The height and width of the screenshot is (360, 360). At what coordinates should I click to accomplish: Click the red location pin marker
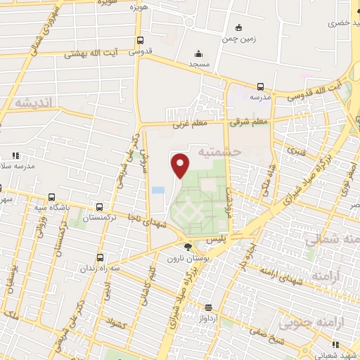(181, 166)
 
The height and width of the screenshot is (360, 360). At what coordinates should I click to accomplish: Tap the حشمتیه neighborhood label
(220, 151)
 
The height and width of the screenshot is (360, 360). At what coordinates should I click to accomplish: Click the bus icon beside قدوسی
(141, 40)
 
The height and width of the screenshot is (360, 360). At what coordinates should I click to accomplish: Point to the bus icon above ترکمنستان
(99, 207)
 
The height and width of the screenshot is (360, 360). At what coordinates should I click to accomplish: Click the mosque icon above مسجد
(199, 53)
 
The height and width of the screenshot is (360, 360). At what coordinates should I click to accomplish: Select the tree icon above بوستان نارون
(187, 247)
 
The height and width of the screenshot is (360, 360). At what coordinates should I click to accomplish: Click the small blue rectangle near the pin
(159, 190)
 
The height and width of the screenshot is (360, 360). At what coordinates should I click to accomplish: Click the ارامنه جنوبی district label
(307, 323)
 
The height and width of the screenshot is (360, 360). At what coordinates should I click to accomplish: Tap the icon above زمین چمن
(238, 27)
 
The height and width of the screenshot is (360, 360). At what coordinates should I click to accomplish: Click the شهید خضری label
(342, 22)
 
